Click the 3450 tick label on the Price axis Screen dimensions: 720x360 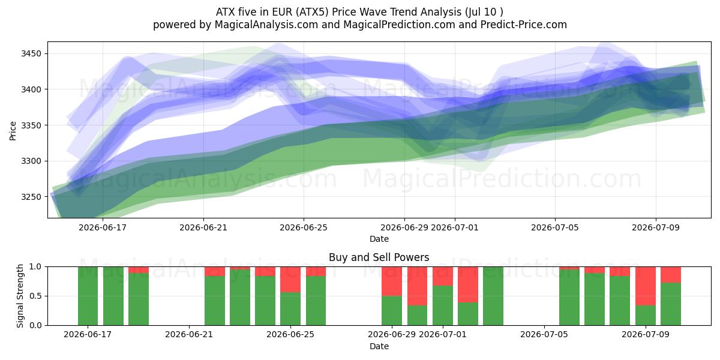click(x=31, y=53)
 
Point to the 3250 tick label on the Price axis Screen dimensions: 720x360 click(x=31, y=197)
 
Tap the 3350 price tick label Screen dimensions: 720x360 click(x=31, y=125)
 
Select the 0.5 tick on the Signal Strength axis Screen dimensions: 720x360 click(x=35, y=296)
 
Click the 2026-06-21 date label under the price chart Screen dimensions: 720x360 click(x=203, y=227)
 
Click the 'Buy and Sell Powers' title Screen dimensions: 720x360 click(x=379, y=257)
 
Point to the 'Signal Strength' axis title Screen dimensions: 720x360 click(x=20, y=296)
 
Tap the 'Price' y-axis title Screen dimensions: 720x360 click(x=13, y=131)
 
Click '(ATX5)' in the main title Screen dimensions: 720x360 click(x=312, y=12)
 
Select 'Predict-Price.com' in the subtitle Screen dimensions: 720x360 click(x=524, y=25)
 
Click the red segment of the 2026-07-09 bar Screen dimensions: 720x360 click(x=646, y=286)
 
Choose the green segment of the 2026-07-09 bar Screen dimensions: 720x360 click(x=646, y=316)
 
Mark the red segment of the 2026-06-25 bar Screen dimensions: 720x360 click(x=290, y=280)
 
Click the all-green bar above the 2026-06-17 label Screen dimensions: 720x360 click(x=88, y=296)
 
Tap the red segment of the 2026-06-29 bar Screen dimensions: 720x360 click(x=392, y=281)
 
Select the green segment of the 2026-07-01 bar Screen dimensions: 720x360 click(x=443, y=305)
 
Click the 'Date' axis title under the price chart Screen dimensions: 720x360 click(x=379, y=239)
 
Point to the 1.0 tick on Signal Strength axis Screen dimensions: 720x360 click(x=35, y=267)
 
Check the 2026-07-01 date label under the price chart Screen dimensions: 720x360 click(x=455, y=227)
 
